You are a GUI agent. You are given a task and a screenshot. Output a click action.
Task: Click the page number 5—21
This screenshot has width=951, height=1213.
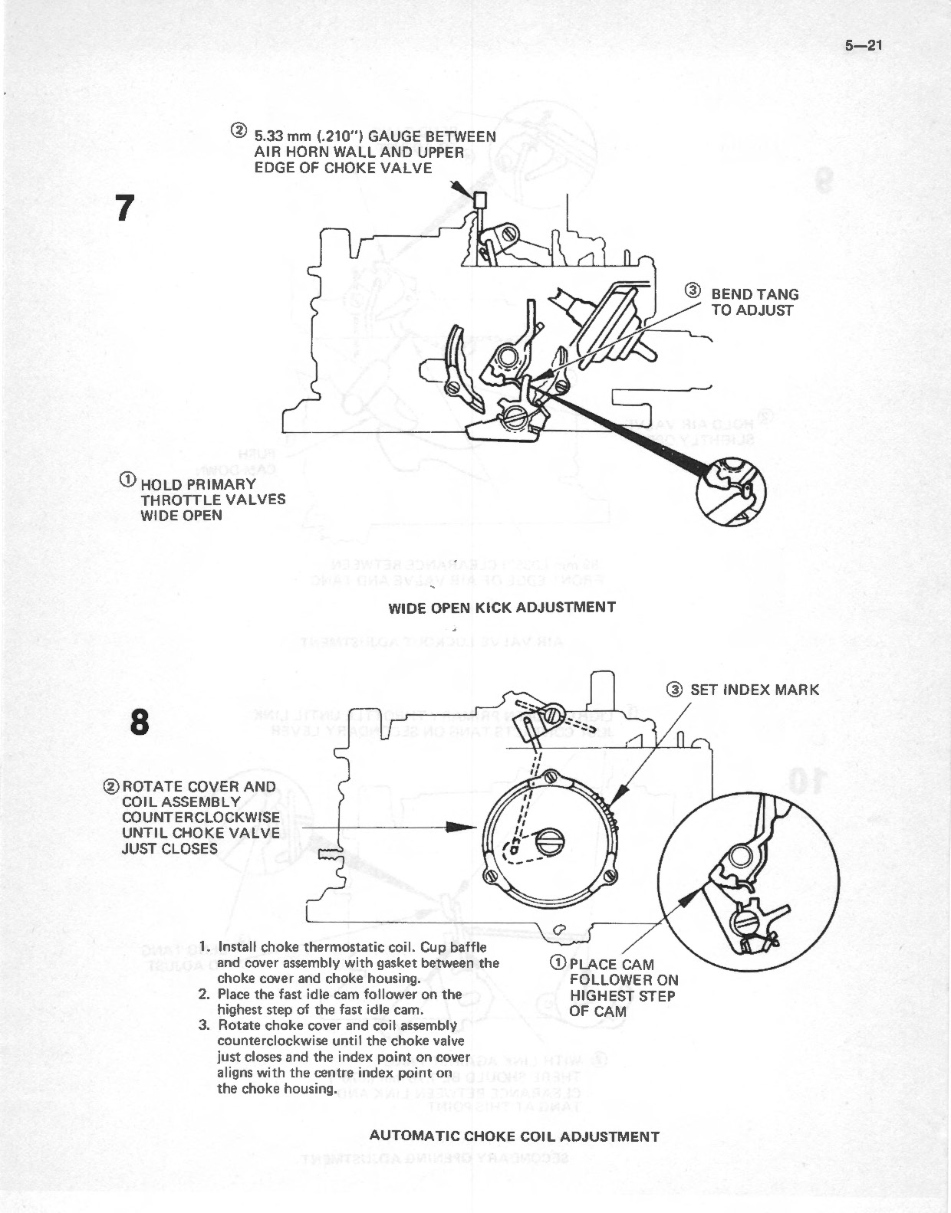[x=864, y=44]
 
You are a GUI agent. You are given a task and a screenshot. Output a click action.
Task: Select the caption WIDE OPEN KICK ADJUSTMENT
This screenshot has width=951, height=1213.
[x=502, y=608]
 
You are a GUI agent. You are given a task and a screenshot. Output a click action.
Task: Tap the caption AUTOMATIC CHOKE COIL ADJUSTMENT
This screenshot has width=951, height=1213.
[x=514, y=1136]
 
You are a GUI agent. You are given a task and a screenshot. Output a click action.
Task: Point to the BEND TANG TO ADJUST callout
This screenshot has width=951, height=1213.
[x=754, y=302]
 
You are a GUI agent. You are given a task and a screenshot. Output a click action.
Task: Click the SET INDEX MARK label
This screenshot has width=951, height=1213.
[x=754, y=690]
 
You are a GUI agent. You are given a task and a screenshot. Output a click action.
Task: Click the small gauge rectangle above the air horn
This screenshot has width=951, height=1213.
[x=482, y=201]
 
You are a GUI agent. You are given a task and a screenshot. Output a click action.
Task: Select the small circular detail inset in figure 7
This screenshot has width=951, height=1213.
[x=732, y=491]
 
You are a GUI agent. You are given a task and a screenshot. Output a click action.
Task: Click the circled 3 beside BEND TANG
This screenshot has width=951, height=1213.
[x=693, y=290]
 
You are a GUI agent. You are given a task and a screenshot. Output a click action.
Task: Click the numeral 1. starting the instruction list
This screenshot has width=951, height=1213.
[x=205, y=947]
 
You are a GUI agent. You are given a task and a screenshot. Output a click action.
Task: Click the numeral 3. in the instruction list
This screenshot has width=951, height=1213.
[x=205, y=1025]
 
